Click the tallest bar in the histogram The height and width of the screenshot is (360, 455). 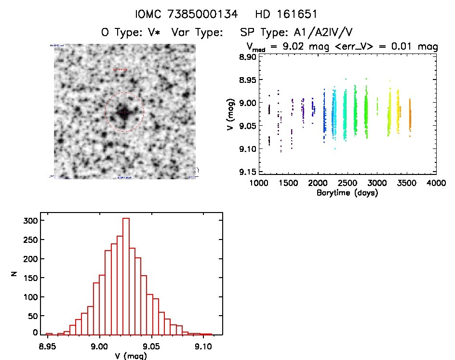point(126,276)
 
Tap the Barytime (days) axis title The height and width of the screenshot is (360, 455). point(347,193)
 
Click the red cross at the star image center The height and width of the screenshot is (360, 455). point(124,112)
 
